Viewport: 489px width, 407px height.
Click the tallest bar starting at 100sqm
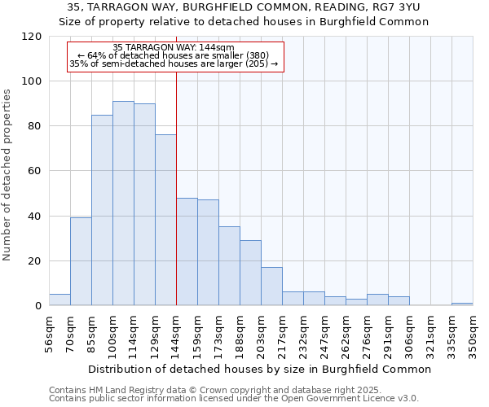(123, 203)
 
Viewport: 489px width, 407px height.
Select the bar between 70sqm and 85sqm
(81, 261)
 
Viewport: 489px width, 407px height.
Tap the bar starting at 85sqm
(102, 210)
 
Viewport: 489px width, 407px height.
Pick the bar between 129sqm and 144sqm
(165, 220)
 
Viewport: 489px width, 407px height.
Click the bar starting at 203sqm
(271, 286)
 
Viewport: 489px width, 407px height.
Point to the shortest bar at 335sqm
(462, 304)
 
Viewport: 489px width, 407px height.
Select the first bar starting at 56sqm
(59, 300)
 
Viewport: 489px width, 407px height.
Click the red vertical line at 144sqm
(177, 187)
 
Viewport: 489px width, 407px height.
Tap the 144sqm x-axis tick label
(177, 333)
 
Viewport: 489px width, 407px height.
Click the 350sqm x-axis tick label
(474, 333)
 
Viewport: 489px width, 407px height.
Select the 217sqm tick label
(283, 333)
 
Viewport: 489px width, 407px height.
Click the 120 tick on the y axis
(32, 37)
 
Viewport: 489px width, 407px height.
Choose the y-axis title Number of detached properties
(7, 175)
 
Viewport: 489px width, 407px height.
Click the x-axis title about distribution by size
(259, 369)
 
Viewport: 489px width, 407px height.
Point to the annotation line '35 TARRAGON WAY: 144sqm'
(174, 47)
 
